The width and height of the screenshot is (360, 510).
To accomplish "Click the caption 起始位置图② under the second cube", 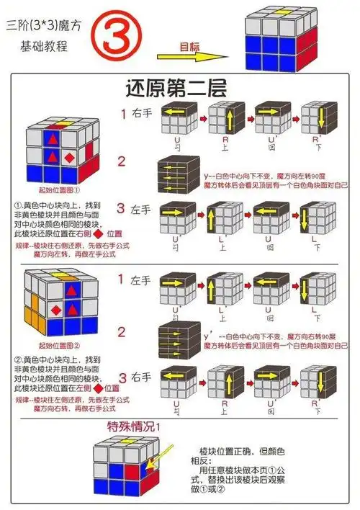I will [x=53, y=345].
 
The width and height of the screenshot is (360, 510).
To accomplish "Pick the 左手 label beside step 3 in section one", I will [x=141, y=211].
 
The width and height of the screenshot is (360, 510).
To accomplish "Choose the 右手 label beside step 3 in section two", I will [x=141, y=377].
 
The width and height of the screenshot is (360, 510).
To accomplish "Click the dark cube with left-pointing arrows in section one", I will [x=177, y=172].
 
